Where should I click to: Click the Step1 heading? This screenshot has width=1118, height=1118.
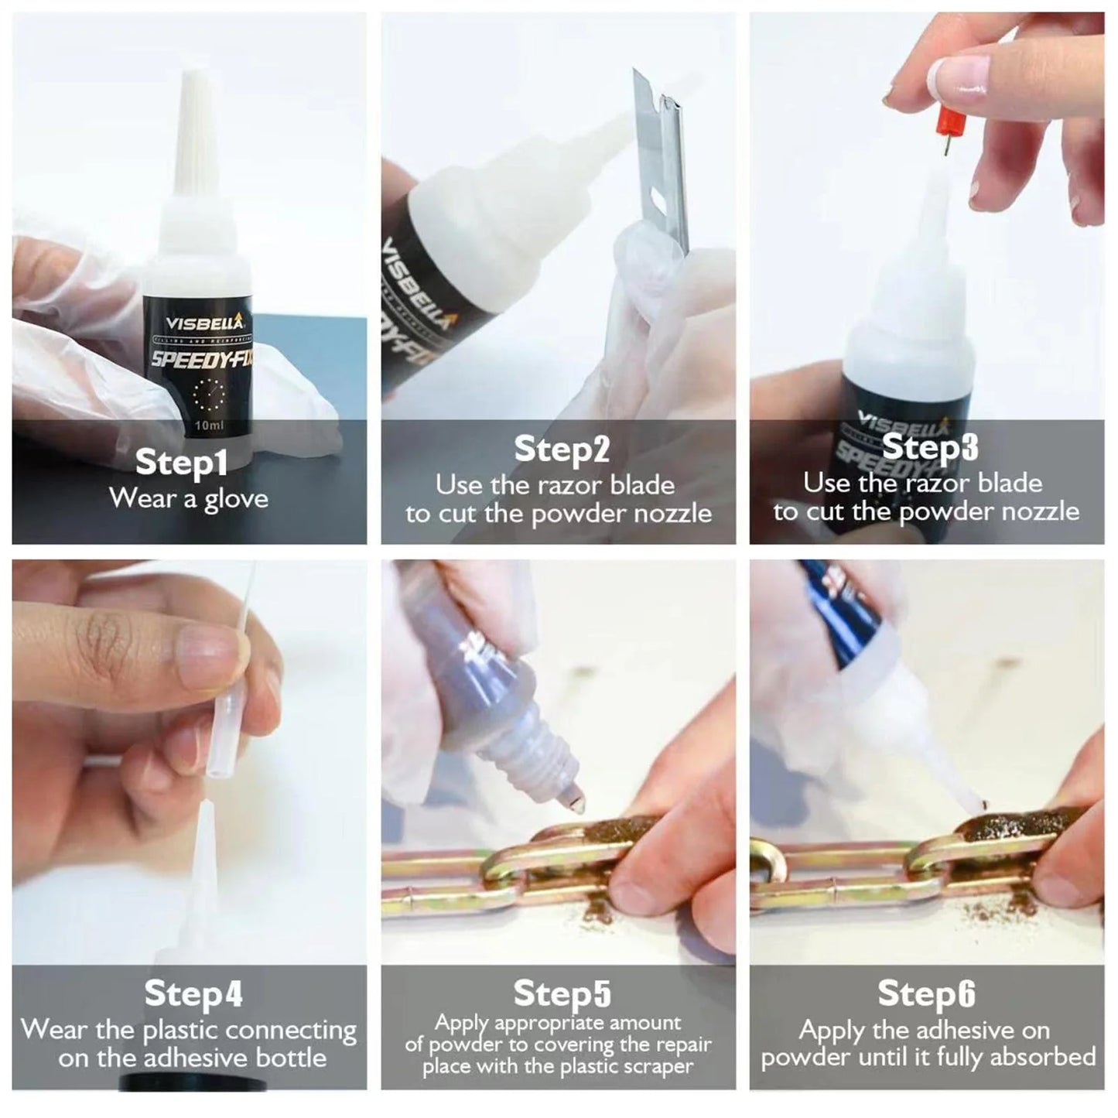tap(181, 462)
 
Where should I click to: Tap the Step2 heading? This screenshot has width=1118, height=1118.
tap(562, 450)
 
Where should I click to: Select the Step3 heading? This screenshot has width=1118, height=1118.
tap(929, 447)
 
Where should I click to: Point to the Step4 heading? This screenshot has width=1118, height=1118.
tap(193, 994)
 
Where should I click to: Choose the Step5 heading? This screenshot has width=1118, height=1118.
tap(562, 993)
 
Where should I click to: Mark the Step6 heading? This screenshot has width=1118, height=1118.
tap(926, 994)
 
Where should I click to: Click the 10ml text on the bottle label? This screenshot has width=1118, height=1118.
tap(210, 426)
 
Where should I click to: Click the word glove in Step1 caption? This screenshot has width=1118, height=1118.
tap(236, 499)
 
